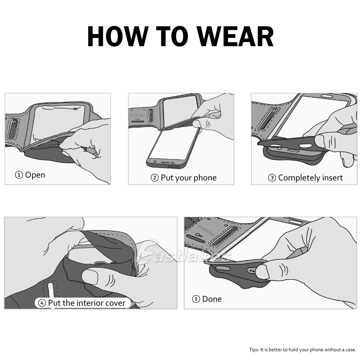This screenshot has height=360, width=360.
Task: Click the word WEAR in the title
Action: click(235, 36)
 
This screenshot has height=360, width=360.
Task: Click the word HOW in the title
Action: click(117, 36)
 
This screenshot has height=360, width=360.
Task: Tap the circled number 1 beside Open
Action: click(19, 175)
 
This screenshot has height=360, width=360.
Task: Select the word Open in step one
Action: click(35, 175)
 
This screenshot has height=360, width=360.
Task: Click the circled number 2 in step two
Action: click(154, 178)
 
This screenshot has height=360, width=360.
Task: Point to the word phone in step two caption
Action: click(205, 178)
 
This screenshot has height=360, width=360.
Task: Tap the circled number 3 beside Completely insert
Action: click(272, 178)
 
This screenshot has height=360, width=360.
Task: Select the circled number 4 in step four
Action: click(42, 303)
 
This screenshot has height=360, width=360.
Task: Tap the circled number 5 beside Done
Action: click(196, 299)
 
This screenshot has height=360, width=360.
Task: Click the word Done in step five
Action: click(212, 299)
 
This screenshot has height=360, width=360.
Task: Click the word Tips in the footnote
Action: click(253, 350)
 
